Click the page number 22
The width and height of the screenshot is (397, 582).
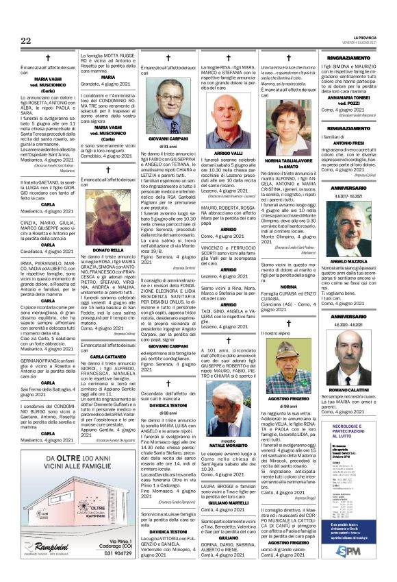click(26, 41)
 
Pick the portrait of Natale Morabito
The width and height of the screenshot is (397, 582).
click(228, 404)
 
